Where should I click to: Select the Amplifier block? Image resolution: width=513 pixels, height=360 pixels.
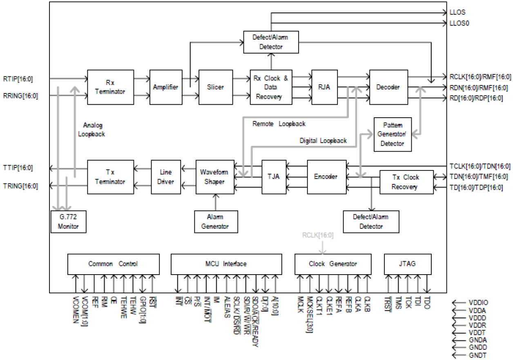(165, 87)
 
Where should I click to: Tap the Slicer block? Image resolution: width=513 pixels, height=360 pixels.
(215, 87)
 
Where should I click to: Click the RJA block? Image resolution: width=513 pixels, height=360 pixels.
(325, 87)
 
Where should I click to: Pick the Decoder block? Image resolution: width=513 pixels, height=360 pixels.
(388, 87)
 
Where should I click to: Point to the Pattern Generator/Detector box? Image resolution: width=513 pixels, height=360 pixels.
(393, 134)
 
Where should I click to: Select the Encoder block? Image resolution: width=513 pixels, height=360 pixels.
(326, 177)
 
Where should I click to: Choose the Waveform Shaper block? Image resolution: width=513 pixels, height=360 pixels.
(214, 177)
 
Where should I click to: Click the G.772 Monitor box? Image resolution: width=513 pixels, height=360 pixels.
(69, 221)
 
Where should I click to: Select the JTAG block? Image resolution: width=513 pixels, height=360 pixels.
(408, 264)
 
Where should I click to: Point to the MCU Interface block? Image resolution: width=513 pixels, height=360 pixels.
(226, 264)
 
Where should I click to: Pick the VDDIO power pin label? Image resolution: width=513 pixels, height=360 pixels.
(479, 303)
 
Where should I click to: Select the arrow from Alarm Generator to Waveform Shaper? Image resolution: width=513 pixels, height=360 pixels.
(215, 202)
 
